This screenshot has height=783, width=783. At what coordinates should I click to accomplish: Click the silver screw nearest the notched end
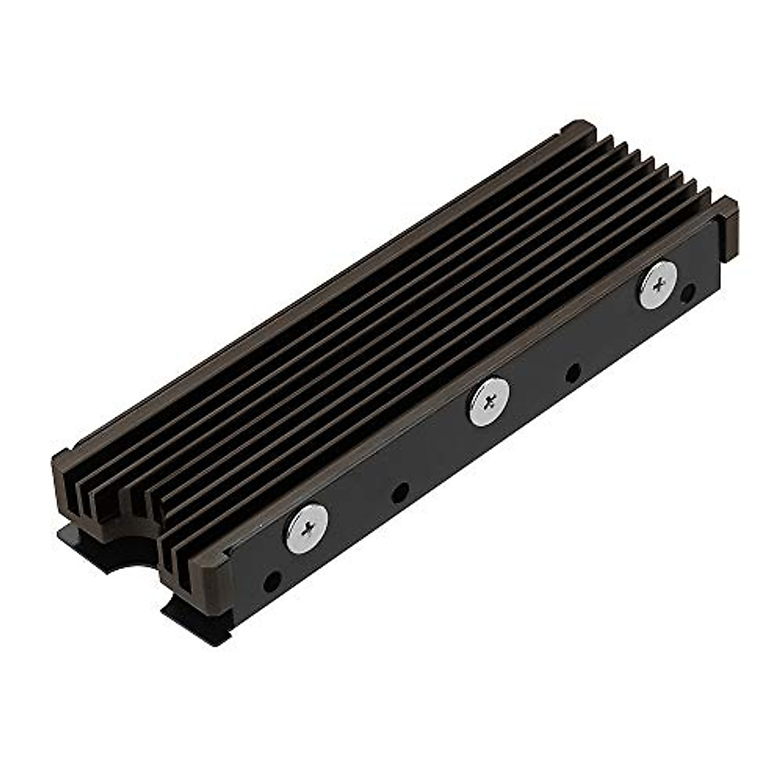[307, 529]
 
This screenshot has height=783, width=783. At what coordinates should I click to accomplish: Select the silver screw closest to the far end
[658, 284]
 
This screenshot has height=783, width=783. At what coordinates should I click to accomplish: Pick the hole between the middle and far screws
[573, 373]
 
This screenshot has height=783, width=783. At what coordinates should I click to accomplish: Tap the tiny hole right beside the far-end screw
[687, 294]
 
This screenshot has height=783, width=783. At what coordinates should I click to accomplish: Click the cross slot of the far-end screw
[658, 284]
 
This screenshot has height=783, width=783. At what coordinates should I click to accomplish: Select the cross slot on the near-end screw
[307, 529]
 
